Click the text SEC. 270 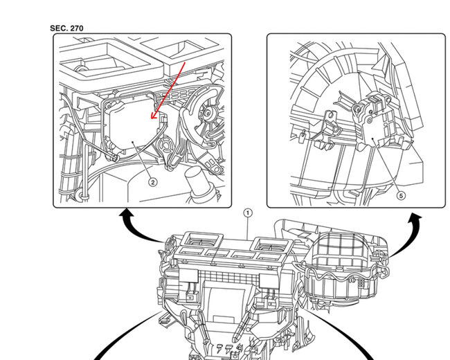[x=66, y=28]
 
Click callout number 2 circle [x=153, y=182]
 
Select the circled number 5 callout [x=401, y=196]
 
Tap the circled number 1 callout [x=248, y=213]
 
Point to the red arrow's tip [x=152, y=118]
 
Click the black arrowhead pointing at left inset [x=126, y=214]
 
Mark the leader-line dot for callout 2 [x=133, y=142]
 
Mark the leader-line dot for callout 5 [x=372, y=139]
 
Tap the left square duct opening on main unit [x=203, y=240]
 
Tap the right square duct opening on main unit [x=272, y=246]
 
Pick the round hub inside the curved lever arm [x=207, y=114]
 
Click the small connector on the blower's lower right [x=361, y=283]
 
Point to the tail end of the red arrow [x=186, y=62]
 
